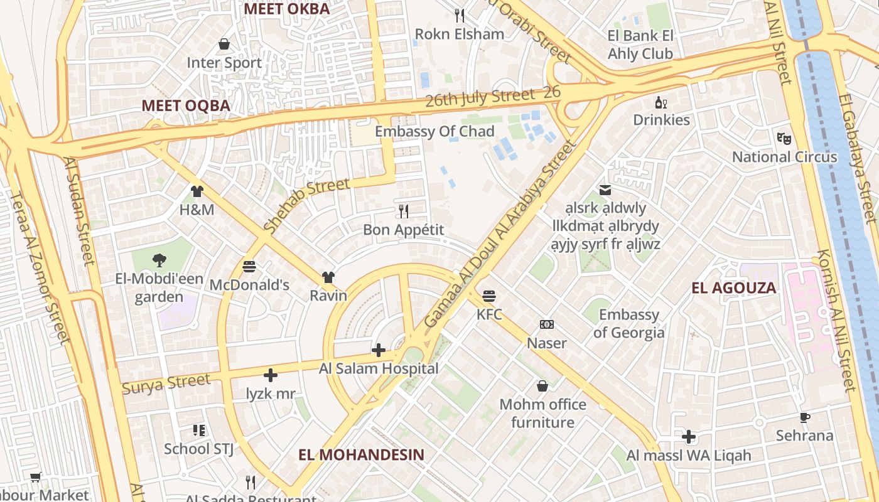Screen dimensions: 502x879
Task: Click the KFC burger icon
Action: pos(489,296)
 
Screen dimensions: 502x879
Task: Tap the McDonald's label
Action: pos(249,285)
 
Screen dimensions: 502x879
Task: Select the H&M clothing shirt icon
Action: pos(197,191)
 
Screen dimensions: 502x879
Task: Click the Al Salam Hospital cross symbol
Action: pos(379,350)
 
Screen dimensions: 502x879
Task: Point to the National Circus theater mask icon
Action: pos(784,138)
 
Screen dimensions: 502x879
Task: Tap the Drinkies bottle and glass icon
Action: pos(661,102)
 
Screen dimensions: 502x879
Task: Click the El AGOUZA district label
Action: pos(733,288)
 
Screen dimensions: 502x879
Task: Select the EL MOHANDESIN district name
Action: pos(361,454)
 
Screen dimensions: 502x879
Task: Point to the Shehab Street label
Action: pos(306,206)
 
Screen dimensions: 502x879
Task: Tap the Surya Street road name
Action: pos(166,383)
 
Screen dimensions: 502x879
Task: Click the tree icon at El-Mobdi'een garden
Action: pos(159,260)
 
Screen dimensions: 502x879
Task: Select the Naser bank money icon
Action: pos(547,324)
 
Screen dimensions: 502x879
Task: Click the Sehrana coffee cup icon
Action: pos(805,417)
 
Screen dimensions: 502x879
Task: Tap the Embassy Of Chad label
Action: pos(434,131)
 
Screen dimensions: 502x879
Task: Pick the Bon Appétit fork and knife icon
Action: pos(404,211)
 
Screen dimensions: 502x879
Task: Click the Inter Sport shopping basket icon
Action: pos(224,44)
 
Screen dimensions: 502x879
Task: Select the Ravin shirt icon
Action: pos(328,277)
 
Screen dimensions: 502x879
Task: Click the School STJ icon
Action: pos(199,430)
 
